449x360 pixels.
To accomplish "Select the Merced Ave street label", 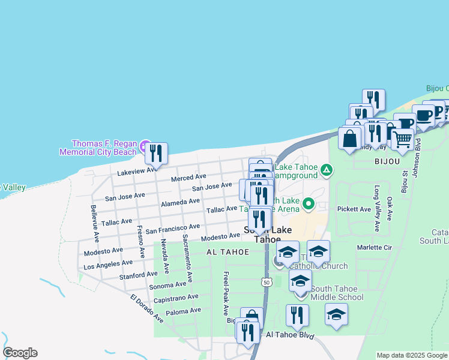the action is pyautogui.click(x=188, y=178).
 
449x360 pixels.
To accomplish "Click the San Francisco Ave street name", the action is pyautogui.click(x=173, y=229).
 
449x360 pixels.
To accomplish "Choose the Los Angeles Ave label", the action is pyautogui.click(x=108, y=263).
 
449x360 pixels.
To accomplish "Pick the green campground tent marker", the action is pyautogui.click(x=326, y=170).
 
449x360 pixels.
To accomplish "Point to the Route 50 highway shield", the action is pyautogui.click(x=266, y=281).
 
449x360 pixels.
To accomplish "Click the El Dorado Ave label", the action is pyautogui.click(x=146, y=307).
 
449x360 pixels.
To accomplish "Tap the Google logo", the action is pyautogui.click(x=20, y=353).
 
